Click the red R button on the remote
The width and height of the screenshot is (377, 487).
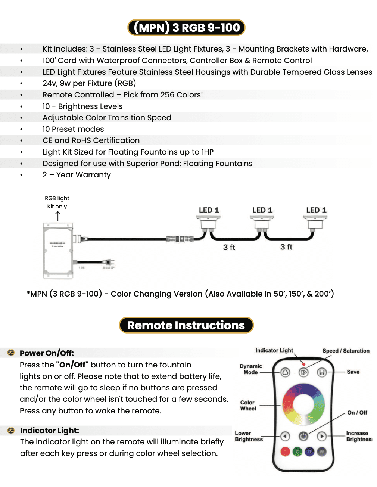coord(285,452)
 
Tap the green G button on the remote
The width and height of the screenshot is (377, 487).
coord(297,452)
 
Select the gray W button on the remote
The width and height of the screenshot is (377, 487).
coord(322,452)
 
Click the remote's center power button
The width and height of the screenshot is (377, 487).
coord(303,436)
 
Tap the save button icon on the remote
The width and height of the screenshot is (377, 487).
coord(322,372)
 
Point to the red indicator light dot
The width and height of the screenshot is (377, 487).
coord(304,364)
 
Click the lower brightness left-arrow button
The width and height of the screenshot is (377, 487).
coord(285,436)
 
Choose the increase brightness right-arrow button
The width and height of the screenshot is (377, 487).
coord(322,436)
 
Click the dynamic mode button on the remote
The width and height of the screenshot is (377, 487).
coord(285,372)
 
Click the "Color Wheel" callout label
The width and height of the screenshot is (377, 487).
coord(248,406)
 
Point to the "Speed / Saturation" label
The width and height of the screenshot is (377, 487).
coord(346,351)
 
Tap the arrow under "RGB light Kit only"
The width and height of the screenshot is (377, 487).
coord(58,216)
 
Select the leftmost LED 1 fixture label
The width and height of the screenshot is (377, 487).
coord(209,210)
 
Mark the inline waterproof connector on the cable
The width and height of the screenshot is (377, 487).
coord(180,239)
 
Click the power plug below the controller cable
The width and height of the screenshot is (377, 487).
coord(108,263)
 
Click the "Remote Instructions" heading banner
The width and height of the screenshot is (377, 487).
coord(186,325)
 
